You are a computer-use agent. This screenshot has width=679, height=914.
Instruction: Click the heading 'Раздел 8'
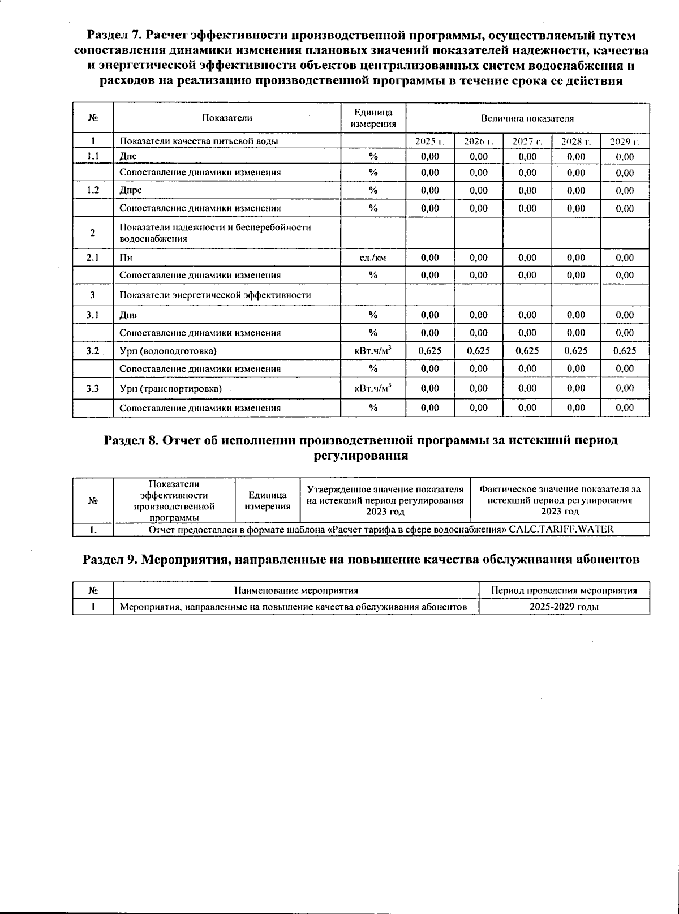pyautogui.click(x=361, y=441)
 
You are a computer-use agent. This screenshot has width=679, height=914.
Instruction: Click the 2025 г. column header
pyautogui.click(x=430, y=141)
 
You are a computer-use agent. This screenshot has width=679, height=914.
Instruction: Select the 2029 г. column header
pyautogui.click(x=625, y=141)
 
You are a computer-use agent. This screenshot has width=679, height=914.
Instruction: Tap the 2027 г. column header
pyautogui.click(x=527, y=141)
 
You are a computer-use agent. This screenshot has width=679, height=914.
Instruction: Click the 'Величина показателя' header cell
pyautogui.click(x=527, y=118)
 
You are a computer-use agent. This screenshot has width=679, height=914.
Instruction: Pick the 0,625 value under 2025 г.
pyautogui.click(x=430, y=351)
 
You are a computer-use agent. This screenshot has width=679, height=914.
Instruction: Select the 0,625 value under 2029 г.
pyautogui.click(x=625, y=351)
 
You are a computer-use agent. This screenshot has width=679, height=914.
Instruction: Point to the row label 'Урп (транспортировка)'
pyautogui.click(x=170, y=389)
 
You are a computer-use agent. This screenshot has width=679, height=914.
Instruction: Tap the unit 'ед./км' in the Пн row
pyautogui.click(x=373, y=258)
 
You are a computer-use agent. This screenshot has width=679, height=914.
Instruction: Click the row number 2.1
pyautogui.click(x=93, y=258)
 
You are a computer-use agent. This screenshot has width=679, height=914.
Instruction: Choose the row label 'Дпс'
pyautogui.click(x=128, y=157)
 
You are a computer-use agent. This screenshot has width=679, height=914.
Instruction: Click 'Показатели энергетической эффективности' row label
pyautogui.click(x=215, y=295)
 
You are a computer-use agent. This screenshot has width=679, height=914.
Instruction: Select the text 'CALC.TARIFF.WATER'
pyautogui.click(x=561, y=530)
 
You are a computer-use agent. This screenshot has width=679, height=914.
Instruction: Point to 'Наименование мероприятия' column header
pyautogui.click(x=296, y=590)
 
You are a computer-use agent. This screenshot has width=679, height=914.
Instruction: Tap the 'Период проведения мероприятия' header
pyautogui.click(x=564, y=590)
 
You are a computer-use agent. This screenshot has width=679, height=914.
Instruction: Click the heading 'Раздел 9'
pyautogui.click(x=361, y=560)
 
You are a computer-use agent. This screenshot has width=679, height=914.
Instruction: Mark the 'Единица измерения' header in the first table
pyautogui.click(x=373, y=118)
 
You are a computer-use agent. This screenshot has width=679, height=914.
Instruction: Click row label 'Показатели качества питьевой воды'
pyautogui.click(x=199, y=141)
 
